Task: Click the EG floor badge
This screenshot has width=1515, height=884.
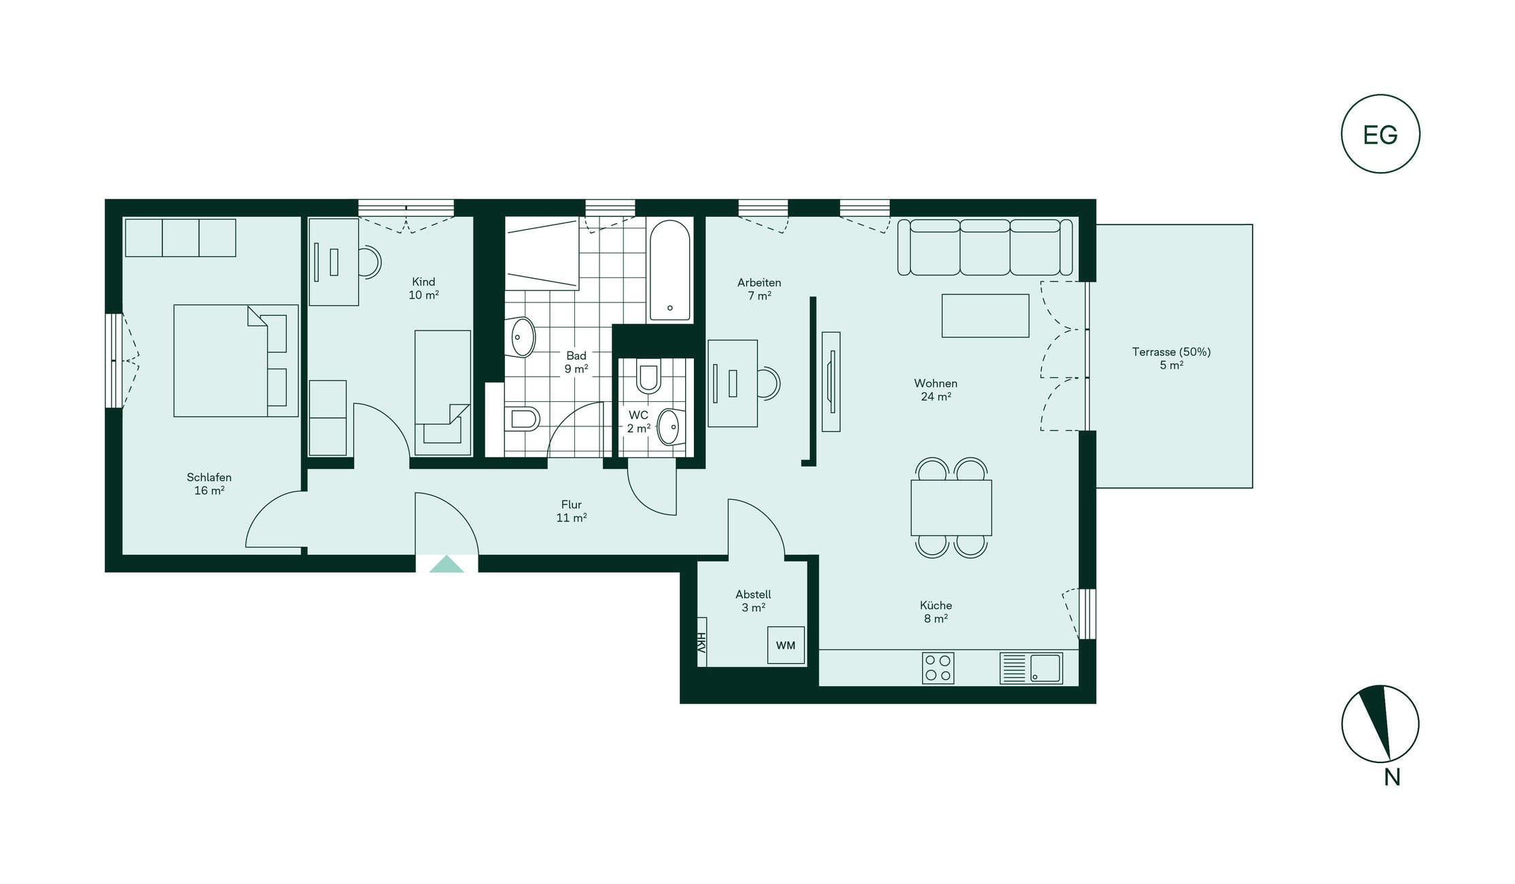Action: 1380,134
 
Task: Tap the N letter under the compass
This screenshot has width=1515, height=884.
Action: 1392,777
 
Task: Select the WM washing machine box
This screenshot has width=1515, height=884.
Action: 786,645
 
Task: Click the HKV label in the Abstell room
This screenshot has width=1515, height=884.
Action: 701,642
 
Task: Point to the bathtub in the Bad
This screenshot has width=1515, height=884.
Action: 670,270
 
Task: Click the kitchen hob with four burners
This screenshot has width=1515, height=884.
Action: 938,668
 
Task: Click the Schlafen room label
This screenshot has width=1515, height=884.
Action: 209,477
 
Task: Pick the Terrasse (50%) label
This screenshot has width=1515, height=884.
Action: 1171,352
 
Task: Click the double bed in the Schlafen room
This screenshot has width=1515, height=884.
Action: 236,360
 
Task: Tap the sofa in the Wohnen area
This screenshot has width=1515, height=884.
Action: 985,247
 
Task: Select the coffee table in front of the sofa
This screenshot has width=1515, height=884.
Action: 986,316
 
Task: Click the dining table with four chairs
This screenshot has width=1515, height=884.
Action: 952,508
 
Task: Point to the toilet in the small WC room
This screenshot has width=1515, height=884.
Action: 648,377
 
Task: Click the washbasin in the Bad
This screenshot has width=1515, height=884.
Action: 522,337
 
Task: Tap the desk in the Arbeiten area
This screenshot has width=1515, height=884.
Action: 733,384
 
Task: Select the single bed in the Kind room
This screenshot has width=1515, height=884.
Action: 443,393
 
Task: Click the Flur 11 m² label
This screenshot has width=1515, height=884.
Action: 572,511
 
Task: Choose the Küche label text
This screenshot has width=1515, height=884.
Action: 936,605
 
